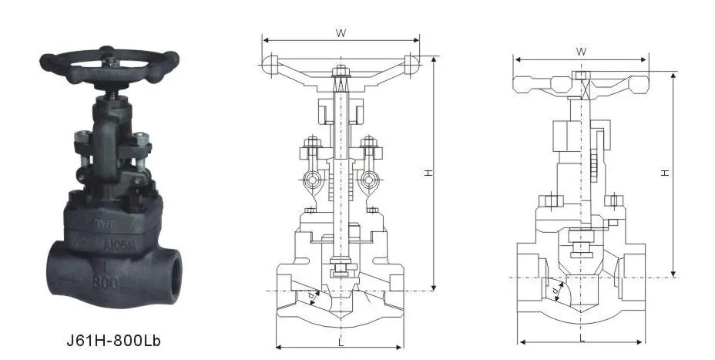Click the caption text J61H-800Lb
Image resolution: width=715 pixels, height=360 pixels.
coord(114,338)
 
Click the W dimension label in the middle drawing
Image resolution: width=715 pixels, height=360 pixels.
coord(340,32)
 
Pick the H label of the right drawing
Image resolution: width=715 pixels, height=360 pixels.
coord(664,174)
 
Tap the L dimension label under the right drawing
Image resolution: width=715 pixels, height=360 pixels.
coord(581,337)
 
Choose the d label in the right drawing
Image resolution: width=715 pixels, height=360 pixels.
coord(555,291)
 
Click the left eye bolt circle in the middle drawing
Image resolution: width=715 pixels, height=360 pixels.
coord(312,180)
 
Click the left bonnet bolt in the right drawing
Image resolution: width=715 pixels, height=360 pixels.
coord(549,201)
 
